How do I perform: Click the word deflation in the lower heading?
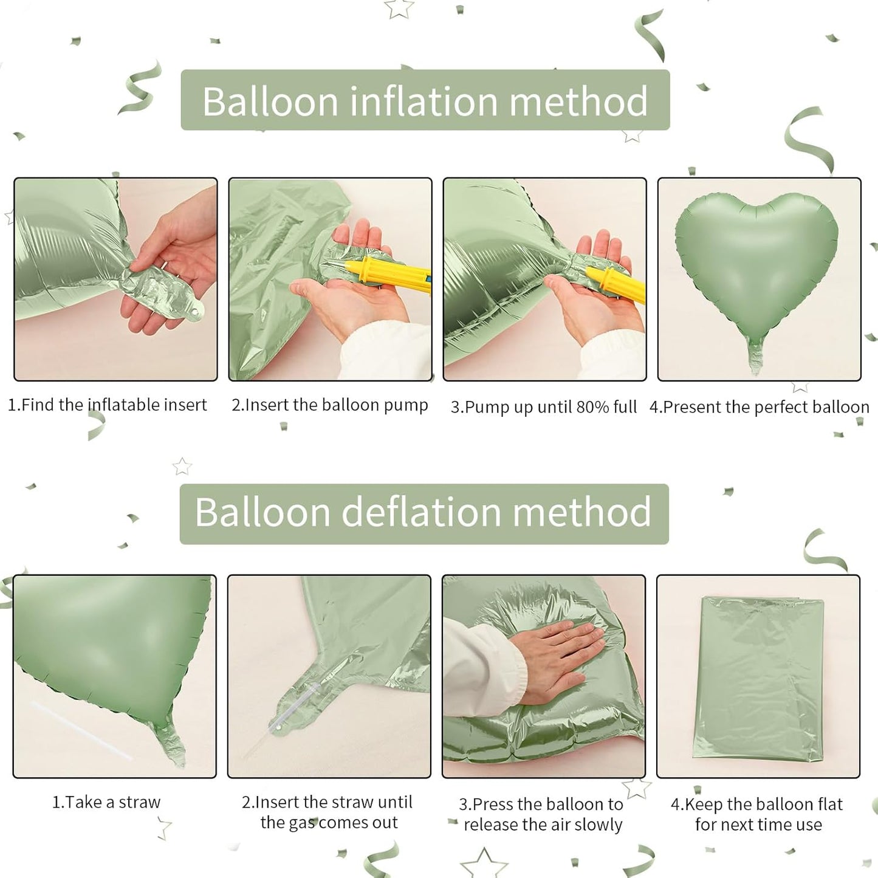pos(421,512)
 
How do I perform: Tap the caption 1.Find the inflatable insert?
pos(107,405)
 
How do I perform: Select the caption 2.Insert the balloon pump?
pos(329,405)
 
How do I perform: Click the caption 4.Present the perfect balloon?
pos(759,407)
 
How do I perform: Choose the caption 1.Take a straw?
pos(106,802)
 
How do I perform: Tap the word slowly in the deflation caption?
pos(598,825)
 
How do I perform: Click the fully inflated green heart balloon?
pos(756,261)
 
